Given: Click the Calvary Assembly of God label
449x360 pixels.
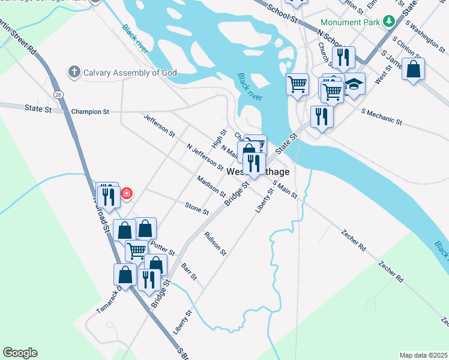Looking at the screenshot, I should click(129, 73).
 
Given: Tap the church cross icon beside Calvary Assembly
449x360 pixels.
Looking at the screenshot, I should click(74, 73).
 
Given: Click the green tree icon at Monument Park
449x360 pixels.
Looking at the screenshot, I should click(390, 22).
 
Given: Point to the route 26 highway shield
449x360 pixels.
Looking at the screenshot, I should click(58, 95).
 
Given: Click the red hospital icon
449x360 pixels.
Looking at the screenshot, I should click(127, 193).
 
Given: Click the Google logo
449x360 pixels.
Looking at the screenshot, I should click(20, 353).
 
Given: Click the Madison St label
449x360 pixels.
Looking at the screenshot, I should click(211, 186).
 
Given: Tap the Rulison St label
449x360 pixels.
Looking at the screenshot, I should click(215, 244).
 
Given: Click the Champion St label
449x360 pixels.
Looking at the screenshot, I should click(90, 112).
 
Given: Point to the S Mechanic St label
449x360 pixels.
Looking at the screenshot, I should click(382, 116).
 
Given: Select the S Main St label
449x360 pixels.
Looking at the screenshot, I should click(285, 190).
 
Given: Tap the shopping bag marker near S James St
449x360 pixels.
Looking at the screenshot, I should click(414, 69).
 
